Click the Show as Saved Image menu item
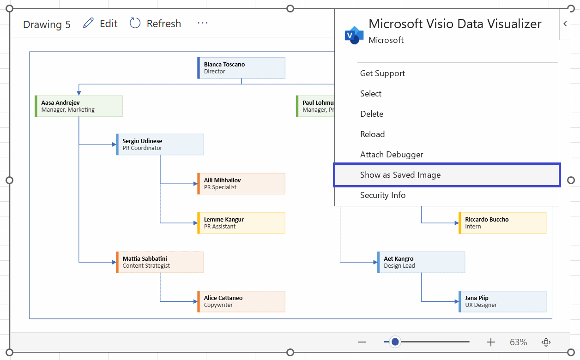point(400,175)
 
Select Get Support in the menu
point(382,73)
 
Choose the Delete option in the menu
point(372,114)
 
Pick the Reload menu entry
point(372,134)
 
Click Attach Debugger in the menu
point(392,155)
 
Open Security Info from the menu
point(383,195)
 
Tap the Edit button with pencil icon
point(101,24)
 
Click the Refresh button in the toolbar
point(155,24)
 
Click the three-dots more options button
point(203,23)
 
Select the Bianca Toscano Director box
point(241,68)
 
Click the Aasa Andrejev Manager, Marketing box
point(79,106)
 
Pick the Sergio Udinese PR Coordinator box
point(160,144)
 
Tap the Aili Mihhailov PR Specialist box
point(241,184)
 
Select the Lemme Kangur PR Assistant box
point(241,223)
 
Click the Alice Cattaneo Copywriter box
point(241,301)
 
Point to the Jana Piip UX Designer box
point(502,301)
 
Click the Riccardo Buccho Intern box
point(502,223)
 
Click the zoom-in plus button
point(490,342)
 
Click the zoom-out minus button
point(362,342)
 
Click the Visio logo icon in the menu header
point(354,35)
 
